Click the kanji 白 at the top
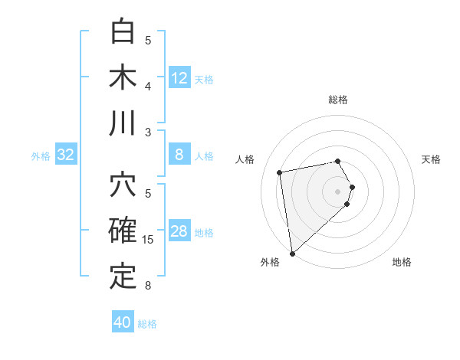pos(123,32)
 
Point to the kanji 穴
pos(123,186)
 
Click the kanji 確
pos(123,231)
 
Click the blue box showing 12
pos(179,78)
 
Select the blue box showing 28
pos(179,232)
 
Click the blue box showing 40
pos(123,322)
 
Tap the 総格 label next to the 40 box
pos(148,324)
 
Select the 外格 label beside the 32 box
pos(41,156)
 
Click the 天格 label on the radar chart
pos(432,159)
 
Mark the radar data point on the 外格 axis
pos(292,253)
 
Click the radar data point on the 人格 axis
pos(280,172)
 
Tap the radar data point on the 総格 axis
pos(338,161)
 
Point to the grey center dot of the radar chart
pos(338,191)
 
